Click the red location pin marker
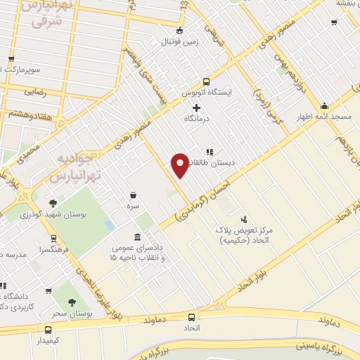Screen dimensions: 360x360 180,164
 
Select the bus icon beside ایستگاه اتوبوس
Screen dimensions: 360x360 206,81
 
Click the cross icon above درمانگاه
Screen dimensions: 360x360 196,108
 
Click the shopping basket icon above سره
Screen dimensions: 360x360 133,195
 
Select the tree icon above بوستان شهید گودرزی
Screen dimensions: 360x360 53,202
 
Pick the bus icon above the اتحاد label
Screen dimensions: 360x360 192,316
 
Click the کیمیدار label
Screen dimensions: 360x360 47,341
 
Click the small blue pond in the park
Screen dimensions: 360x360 109,225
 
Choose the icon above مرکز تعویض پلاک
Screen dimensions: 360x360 244,219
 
